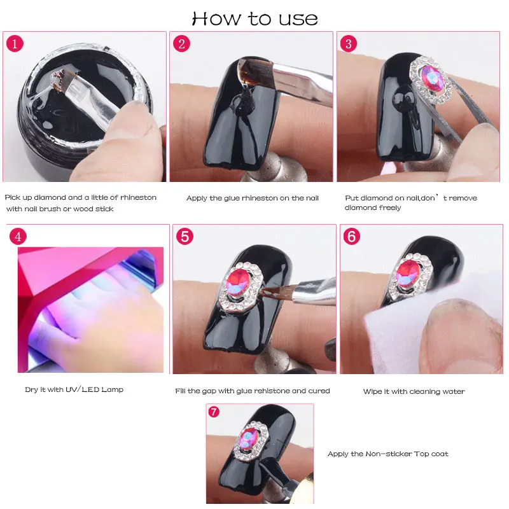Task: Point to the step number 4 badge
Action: click(18, 237)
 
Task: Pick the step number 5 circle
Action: click(185, 237)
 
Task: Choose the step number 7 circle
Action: click(214, 412)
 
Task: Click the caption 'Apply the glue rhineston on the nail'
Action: click(253, 199)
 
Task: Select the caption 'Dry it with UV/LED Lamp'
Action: click(74, 389)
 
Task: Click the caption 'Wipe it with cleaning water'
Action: click(414, 391)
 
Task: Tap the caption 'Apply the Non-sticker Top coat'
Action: click(387, 454)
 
